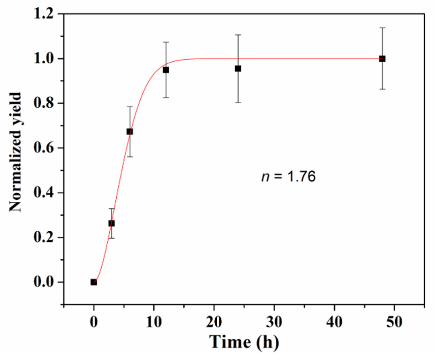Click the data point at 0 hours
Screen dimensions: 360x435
pos(94,282)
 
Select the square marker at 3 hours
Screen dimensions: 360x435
pos(112,223)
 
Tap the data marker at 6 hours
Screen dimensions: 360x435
pos(130,131)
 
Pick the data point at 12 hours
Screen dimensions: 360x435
pos(166,70)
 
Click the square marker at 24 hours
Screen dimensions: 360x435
pos(238,68)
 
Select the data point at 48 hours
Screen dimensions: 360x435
pos(382,59)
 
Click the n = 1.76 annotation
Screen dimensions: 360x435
pos(289,176)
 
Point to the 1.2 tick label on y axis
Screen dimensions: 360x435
pos(44,14)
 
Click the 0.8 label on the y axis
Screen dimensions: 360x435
pos(44,103)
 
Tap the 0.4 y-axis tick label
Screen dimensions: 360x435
pos(44,193)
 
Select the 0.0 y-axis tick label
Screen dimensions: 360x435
pos(44,282)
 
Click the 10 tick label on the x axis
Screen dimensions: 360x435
pos(154,322)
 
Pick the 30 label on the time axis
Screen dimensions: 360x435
pos(274,322)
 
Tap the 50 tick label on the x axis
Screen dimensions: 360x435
pos(394,322)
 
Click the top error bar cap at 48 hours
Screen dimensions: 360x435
pos(382,28)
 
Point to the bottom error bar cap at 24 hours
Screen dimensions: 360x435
pos(238,102)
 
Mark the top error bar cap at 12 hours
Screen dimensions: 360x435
pos(166,42)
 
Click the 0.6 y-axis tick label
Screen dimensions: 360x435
pos(44,148)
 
